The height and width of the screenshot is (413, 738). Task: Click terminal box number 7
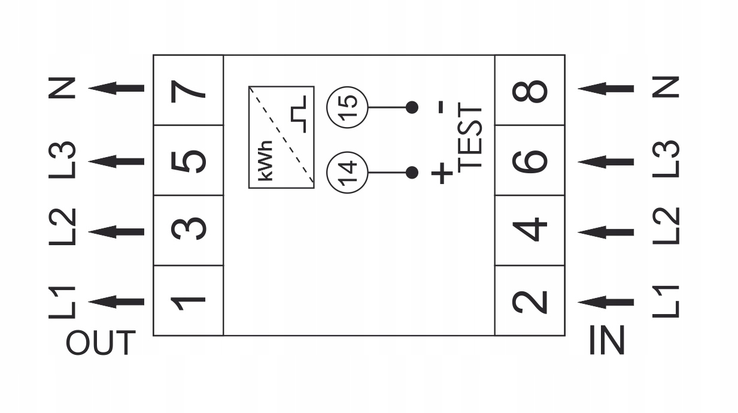(188, 90)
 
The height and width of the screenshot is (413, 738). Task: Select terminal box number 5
(188, 160)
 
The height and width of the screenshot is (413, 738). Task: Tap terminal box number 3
(188, 230)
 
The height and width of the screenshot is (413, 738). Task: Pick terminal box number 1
(188, 300)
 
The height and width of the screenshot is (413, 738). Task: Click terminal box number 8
(530, 90)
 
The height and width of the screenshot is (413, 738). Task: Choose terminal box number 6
(530, 160)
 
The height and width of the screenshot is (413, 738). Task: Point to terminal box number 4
(530, 230)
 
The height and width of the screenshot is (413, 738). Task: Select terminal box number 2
(530, 300)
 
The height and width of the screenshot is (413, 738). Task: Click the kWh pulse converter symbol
(281, 137)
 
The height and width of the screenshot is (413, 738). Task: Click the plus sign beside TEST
(442, 173)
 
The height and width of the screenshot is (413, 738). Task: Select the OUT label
(100, 343)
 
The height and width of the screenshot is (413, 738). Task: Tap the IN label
(607, 340)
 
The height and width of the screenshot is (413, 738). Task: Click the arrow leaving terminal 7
(117, 88)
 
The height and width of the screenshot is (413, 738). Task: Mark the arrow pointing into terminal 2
(606, 302)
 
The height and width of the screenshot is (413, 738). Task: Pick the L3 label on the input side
(666, 159)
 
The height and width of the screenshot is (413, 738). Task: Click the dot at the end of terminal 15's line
(412, 107)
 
